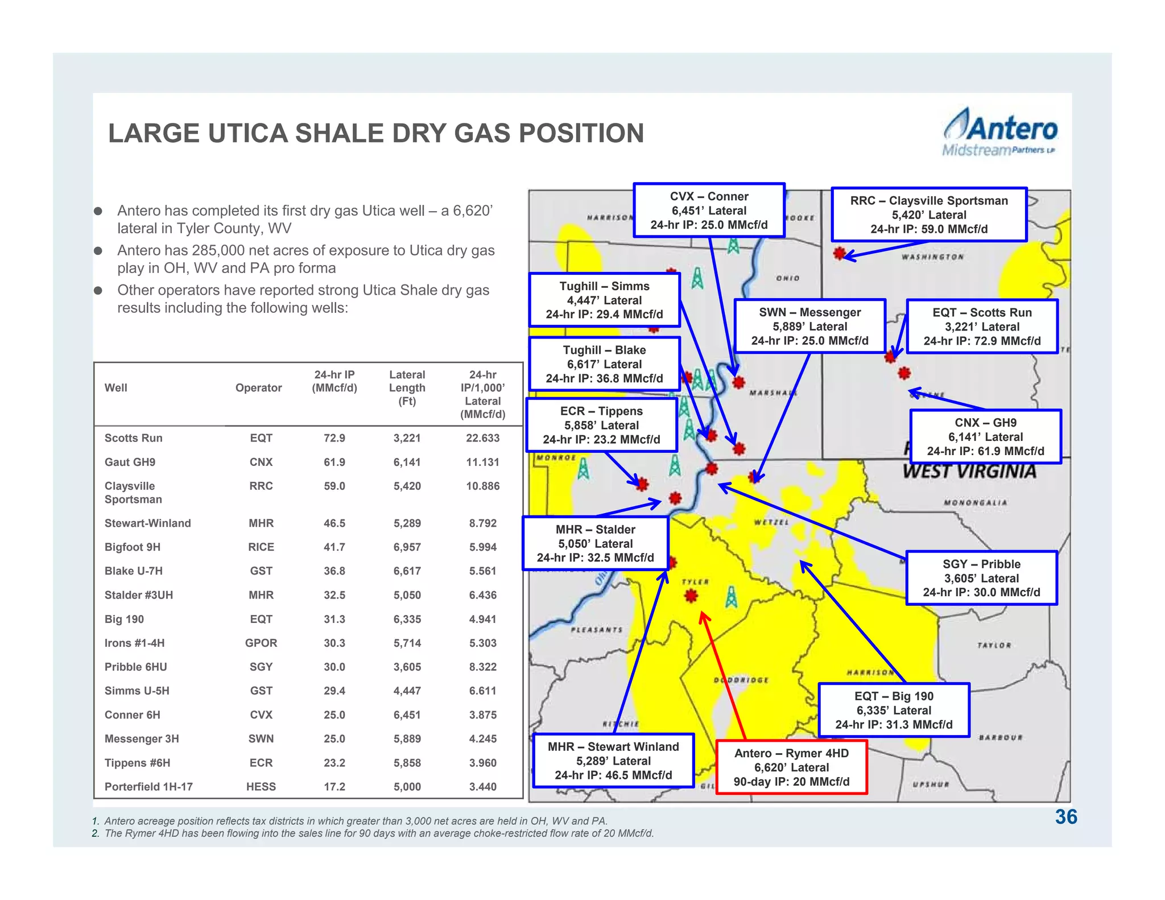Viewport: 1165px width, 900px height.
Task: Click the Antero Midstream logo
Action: pyautogui.click(x=1000, y=133)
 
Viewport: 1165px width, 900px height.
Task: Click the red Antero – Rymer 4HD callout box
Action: pyautogui.click(x=791, y=767)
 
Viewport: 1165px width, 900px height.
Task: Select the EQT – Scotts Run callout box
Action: pyautogui.click(x=982, y=327)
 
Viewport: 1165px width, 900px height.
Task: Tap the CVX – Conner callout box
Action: pyautogui.click(x=709, y=210)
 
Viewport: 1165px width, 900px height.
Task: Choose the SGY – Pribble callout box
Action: pyautogui.click(x=981, y=578)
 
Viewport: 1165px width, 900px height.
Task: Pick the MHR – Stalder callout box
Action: pyautogui.click(x=595, y=543)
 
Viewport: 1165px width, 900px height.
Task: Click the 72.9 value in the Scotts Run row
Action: pyautogui.click(x=334, y=438)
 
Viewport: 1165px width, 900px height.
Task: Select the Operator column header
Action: pyautogui.click(x=258, y=388)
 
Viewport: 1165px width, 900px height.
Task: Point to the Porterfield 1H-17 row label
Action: pyautogui.click(x=148, y=787)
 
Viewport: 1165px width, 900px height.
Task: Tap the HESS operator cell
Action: pyautogui.click(x=261, y=787)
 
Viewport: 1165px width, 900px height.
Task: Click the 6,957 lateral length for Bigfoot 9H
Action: pyautogui.click(x=407, y=547)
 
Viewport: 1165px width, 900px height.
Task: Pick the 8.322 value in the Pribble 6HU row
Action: pyautogui.click(x=482, y=667)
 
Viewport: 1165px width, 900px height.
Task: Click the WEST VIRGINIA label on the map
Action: pyautogui.click(x=969, y=472)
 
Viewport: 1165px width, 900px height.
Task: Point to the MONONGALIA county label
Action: pyautogui.click(x=975, y=503)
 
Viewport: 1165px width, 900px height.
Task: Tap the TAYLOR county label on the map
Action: pyautogui.click(x=994, y=645)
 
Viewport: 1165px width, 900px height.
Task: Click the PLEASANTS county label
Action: pyautogui.click(x=597, y=630)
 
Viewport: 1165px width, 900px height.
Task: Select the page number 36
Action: pyautogui.click(x=1065, y=817)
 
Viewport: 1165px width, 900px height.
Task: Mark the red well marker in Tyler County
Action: pyautogui.click(x=691, y=596)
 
